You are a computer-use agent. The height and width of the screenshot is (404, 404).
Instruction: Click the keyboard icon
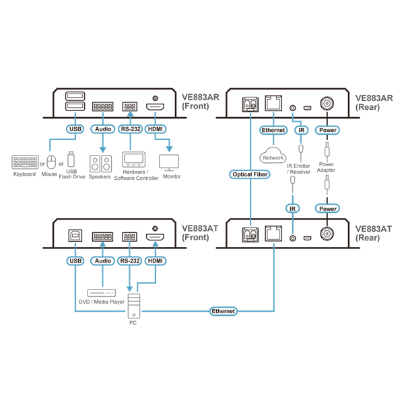click(25, 162)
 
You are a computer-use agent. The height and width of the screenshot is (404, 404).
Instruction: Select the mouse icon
click(51, 162)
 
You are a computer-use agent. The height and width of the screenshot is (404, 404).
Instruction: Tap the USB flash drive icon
click(71, 159)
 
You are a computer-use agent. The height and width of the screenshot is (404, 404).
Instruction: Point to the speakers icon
click(100, 164)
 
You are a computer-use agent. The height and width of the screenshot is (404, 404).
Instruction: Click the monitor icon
click(169, 162)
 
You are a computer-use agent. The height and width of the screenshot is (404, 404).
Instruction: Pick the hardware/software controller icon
click(134, 160)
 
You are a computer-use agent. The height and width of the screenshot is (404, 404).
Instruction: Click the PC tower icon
click(134, 306)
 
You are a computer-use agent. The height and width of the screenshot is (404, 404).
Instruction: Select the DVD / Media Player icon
click(102, 293)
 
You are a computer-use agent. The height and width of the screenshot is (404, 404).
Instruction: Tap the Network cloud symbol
click(273, 156)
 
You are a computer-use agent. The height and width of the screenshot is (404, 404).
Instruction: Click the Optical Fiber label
click(250, 174)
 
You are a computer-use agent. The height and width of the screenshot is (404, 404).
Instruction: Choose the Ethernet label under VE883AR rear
click(273, 130)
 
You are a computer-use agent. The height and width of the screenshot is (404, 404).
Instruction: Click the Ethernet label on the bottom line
click(223, 311)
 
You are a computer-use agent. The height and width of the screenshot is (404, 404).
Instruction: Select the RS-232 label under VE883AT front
click(130, 261)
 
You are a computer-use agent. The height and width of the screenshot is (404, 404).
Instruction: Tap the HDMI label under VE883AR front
click(156, 129)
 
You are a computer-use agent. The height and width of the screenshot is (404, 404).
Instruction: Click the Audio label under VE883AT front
click(103, 261)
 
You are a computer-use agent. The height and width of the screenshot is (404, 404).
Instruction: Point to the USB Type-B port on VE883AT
click(75, 236)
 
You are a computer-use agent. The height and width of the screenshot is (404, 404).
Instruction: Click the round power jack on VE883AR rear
click(327, 104)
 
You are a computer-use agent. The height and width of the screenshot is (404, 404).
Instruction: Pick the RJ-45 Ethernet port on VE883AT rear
click(273, 234)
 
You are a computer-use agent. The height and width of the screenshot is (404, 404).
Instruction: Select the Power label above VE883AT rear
click(327, 209)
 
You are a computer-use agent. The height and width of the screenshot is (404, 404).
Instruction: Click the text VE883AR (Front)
click(201, 102)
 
